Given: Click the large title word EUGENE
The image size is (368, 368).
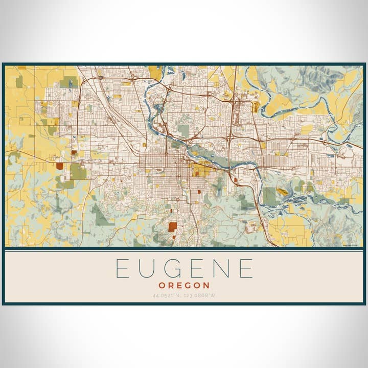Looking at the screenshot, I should pos(184,268).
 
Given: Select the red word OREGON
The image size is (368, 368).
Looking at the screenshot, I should pos(184,285).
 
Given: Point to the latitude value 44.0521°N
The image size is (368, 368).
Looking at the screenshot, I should pos(167,295).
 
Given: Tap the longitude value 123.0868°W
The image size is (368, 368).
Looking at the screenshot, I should pos(200,295).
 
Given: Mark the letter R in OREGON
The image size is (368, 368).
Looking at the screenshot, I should pos(172,285).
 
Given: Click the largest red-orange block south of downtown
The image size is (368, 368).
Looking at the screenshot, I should pos(173,226).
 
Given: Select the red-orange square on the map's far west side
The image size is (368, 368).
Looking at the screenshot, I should pos(60,166).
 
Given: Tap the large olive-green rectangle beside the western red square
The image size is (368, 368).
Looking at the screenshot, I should pos(78,171).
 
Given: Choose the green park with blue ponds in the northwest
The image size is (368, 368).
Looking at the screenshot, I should pos(68,82).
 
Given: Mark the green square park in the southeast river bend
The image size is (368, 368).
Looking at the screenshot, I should pos(269,196).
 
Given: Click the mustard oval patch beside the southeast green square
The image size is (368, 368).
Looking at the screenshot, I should pos(282,192).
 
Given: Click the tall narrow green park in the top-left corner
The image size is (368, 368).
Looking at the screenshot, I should pos(19,82).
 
